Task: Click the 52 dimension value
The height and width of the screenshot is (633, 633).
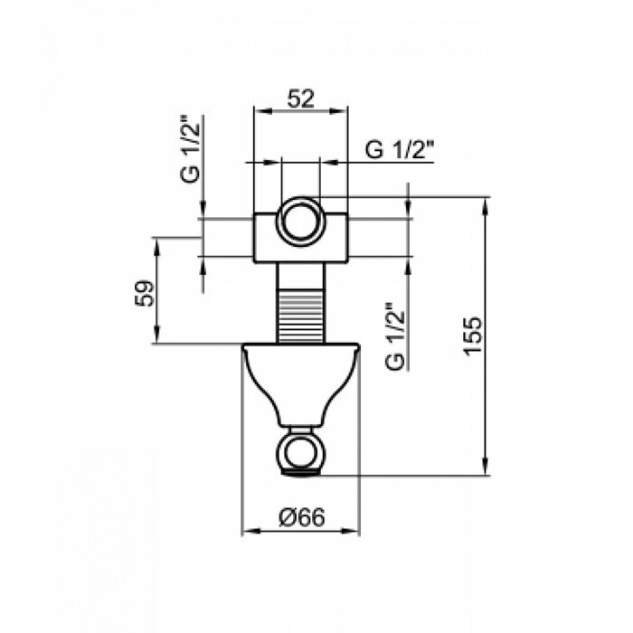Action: [x=300, y=99]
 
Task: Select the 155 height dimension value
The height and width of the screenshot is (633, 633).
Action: [x=472, y=335]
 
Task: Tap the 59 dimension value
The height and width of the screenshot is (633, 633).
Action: [x=145, y=294]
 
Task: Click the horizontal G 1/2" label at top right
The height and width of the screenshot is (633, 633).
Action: [x=400, y=150]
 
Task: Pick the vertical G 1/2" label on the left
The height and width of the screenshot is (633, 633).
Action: [x=190, y=149]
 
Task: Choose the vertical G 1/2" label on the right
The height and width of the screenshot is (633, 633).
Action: [x=394, y=336]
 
